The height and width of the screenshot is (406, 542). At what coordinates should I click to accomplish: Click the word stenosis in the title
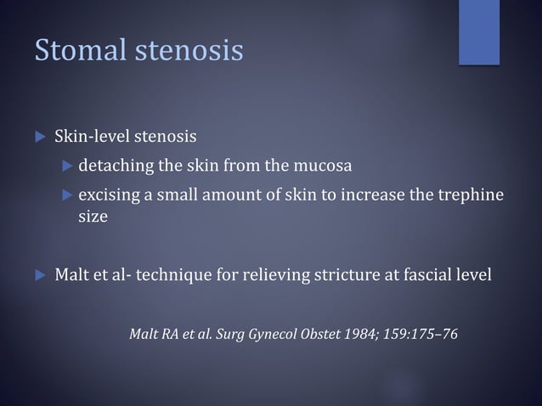tap(188, 50)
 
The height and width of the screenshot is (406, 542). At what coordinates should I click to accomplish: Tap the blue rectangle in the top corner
tap(478, 31)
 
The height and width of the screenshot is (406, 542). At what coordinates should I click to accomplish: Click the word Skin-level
tap(91, 136)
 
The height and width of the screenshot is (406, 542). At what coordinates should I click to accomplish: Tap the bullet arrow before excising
tap(69, 196)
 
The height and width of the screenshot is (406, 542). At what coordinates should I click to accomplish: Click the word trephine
tap(471, 195)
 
